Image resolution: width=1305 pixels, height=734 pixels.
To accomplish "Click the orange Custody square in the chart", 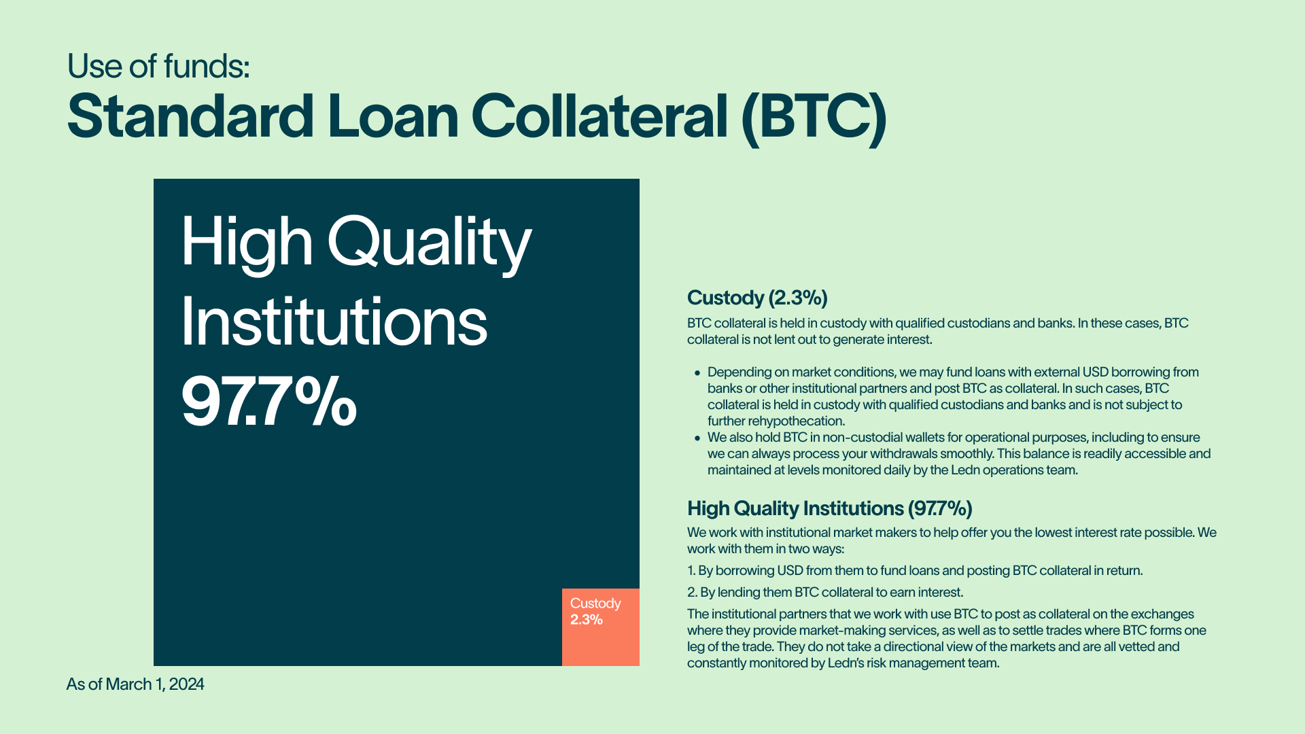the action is click(x=601, y=627).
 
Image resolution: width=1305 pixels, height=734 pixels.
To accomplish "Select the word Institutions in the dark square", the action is click(x=334, y=322).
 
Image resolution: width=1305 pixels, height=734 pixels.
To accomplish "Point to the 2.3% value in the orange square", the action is click(x=587, y=620).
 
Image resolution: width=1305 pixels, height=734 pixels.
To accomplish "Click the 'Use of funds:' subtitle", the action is click(x=158, y=67).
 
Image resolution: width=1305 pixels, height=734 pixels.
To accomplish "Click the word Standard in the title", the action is click(x=190, y=117).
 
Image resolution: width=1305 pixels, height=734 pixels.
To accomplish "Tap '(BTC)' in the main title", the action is click(x=814, y=118).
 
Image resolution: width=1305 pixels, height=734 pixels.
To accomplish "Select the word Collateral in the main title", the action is click(x=599, y=117).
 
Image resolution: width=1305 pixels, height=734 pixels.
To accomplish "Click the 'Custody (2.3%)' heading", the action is click(x=757, y=298).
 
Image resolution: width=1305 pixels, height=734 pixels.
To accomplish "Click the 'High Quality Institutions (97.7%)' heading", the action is click(x=830, y=508).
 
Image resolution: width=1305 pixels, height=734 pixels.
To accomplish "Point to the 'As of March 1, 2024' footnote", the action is click(x=135, y=684).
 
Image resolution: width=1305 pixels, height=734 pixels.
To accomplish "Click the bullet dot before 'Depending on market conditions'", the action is click(x=697, y=373).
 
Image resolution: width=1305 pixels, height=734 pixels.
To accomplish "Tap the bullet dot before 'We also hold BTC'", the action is click(x=697, y=438).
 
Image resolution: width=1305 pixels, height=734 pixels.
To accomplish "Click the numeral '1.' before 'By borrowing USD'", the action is click(x=691, y=571).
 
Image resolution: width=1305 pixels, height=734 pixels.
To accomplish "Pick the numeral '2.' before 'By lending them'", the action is click(x=693, y=593).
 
